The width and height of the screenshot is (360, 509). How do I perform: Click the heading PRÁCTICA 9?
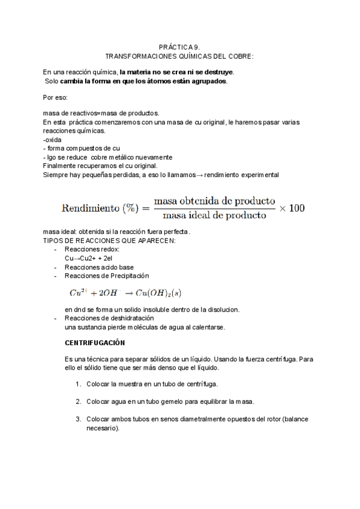tap(179, 46)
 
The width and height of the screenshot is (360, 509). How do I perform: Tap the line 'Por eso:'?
tap(56, 97)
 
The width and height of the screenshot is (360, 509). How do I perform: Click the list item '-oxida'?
tap(53, 140)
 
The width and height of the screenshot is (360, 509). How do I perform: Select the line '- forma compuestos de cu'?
tap(77, 148)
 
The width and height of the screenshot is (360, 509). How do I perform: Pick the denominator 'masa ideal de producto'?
tap(214, 215)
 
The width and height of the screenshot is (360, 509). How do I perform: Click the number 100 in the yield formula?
tap(296, 208)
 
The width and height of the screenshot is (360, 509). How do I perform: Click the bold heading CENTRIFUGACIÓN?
tap(95, 343)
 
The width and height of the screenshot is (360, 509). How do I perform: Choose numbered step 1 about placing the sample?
tap(152, 384)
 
